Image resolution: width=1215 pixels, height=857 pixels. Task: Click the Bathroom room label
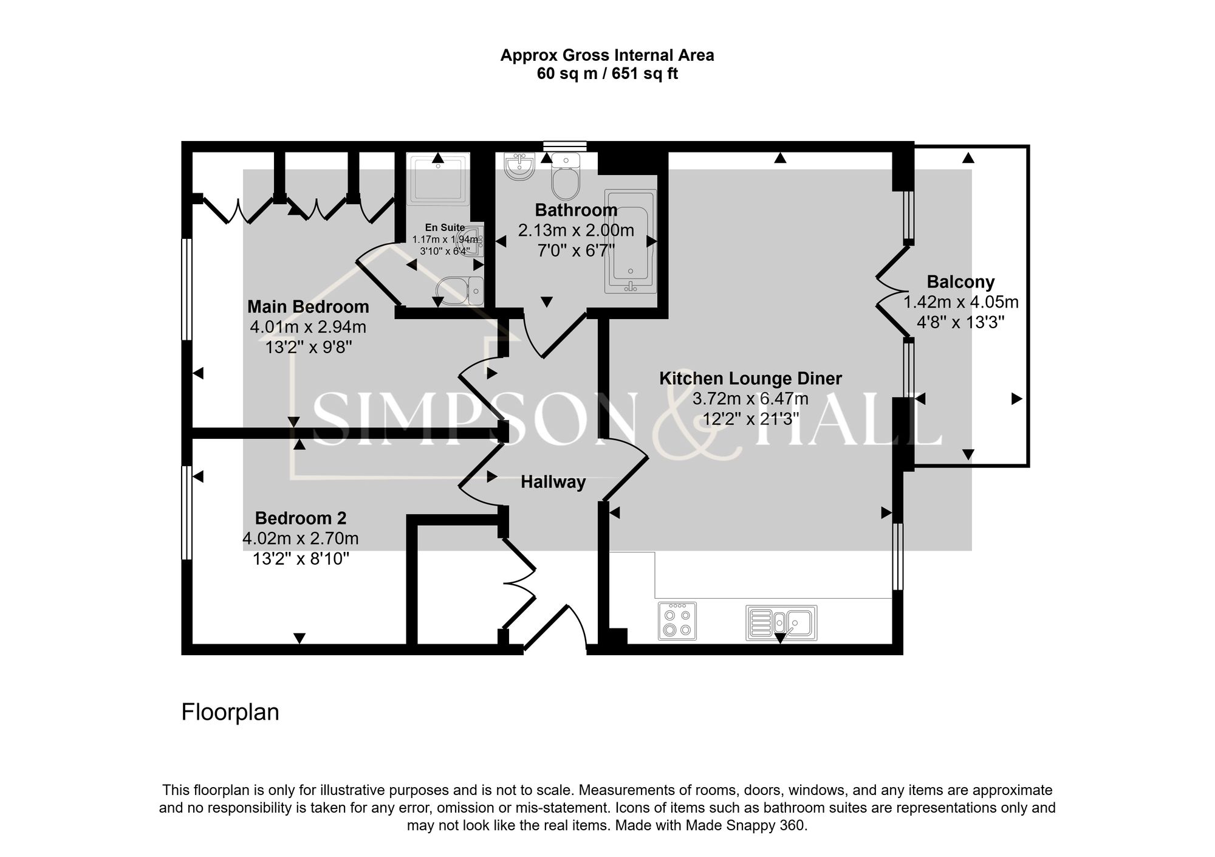tap(576, 210)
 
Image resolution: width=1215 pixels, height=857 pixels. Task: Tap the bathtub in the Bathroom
tap(631, 241)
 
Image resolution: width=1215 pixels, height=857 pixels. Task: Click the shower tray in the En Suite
tap(439, 179)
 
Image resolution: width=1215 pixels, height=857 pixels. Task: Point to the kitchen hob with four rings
tap(677, 621)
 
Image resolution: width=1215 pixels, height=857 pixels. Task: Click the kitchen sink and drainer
tap(781, 622)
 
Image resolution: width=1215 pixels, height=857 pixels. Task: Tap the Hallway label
tap(553, 482)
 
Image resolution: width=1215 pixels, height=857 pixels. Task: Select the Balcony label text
tap(960, 282)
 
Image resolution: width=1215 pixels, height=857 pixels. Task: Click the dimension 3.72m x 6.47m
tap(750, 399)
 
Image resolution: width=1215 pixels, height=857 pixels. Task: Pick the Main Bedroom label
tap(308, 306)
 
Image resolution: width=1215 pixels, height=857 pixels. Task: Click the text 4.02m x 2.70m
tap(300, 539)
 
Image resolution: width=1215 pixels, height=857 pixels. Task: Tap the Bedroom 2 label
tap(300, 518)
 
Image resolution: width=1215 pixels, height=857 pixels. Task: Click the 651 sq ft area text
tap(644, 74)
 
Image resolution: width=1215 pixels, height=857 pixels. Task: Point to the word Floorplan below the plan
tap(230, 712)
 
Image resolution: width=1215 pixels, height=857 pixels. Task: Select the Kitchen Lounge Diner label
tap(750, 379)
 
